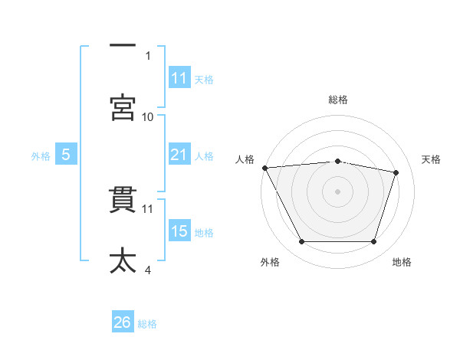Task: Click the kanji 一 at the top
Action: click(123, 45)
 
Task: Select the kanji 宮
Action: click(123, 107)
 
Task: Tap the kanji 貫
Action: click(123, 200)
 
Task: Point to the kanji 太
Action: click(123, 260)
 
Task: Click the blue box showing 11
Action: click(179, 77)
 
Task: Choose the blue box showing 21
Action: click(179, 154)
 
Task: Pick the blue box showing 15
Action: click(179, 230)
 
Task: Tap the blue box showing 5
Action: click(66, 154)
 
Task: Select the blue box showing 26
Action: click(123, 321)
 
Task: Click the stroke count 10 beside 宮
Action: click(147, 117)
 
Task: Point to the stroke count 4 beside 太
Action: click(148, 270)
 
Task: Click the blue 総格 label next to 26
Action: click(147, 324)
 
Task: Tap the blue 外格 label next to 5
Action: click(41, 156)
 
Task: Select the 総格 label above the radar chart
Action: click(338, 100)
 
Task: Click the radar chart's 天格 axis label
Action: click(431, 159)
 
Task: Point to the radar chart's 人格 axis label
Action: click(245, 159)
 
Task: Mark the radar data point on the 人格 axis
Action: click(265, 168)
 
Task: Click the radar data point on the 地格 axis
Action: click(373, 241)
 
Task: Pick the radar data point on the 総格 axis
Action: click(337, 162)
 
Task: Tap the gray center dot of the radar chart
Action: click(337, 191)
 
